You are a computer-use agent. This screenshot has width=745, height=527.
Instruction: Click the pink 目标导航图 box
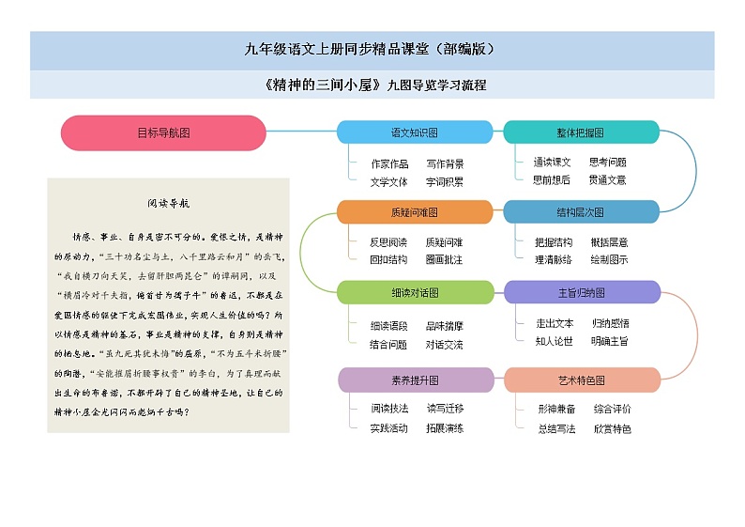[x=163, y=132]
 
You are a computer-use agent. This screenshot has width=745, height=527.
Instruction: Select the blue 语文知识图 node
[x=414, y=132]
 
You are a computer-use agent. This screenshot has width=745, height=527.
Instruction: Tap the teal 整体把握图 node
[x=581, y=132]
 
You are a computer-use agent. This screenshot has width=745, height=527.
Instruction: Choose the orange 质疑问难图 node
[x=414, y=212]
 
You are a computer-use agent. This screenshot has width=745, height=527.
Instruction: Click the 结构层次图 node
[x=581, y=212]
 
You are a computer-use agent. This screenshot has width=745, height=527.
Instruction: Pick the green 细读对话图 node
[x=414, y=292]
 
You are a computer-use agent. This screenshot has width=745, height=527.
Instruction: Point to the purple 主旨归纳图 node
[x=581, y=292]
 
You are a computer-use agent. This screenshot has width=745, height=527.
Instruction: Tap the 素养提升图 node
[x=414, y=380]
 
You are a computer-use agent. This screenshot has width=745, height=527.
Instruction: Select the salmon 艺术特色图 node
[x=581, y=380]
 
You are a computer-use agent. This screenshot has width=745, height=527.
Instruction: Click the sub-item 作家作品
[x=389, y=164]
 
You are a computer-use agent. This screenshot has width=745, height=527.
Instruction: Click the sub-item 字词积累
[x=444, y=181]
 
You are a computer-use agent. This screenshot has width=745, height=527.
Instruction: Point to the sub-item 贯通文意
[x=607, y=179]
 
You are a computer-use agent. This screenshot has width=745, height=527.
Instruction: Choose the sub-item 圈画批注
[x=444, y=259]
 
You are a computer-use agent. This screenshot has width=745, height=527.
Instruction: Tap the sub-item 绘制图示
[x=610, y=259]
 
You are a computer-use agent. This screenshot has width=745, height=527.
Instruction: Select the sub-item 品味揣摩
[x=444, y=326]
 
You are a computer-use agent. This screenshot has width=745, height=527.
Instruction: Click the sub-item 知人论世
[x=555, y=341]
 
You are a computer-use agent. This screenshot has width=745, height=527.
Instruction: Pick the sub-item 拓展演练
[x=444, y=428]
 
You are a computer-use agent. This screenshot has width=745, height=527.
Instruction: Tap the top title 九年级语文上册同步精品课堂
[x=372, y=49]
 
